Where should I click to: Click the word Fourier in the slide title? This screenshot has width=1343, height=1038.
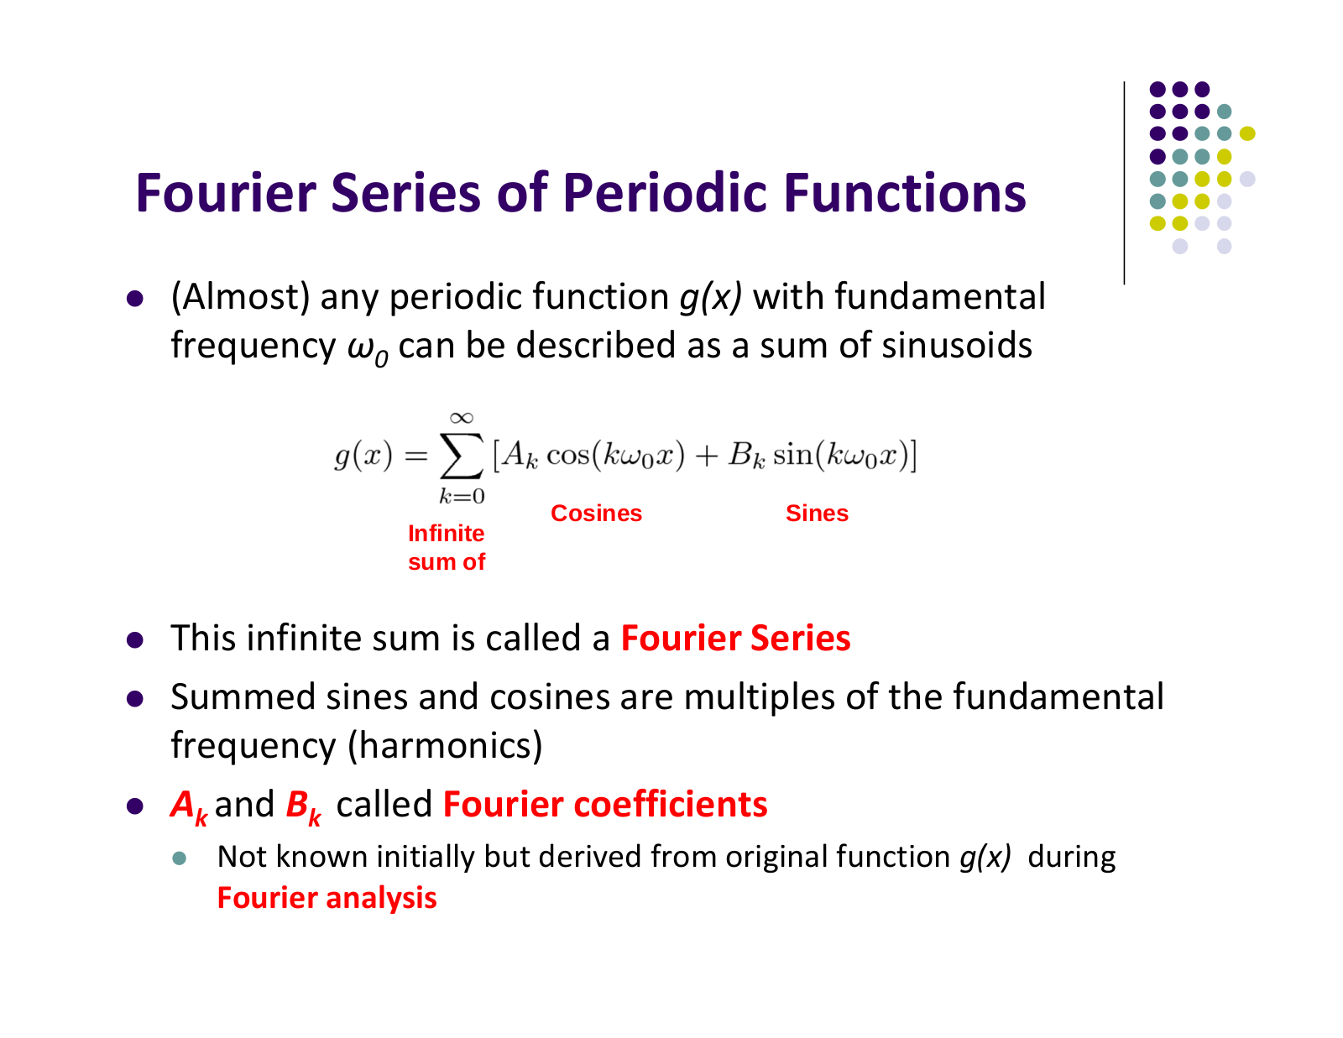coord(226,193)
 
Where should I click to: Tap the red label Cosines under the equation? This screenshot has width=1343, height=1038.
coord(596,513)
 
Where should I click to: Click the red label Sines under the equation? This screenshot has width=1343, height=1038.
coord(817,513)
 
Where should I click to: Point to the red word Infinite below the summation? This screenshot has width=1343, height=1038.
coord(446,533)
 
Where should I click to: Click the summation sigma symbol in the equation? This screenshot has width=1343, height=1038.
coord(461,456)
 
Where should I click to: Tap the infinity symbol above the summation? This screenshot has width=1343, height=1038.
coord(461,418)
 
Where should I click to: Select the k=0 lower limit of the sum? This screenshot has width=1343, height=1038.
coord(461,496)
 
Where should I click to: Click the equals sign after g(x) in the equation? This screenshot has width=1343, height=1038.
coord(415,456)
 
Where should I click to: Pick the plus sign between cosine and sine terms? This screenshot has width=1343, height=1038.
coord(707,456)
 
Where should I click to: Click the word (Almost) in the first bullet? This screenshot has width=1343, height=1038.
coord(240,297)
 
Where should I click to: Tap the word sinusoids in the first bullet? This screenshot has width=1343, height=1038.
coord(957,345)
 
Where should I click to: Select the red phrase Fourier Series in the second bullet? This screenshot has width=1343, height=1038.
coord(735,638)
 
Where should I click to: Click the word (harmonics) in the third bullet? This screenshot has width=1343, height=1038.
coord(445,746)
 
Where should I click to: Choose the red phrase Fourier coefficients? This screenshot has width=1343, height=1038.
coord(605,805)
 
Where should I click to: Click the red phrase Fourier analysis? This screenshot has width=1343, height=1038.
coord(327,898)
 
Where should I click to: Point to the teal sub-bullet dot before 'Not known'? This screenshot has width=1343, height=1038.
coord(180,858)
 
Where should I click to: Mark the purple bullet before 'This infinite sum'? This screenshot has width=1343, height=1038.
coord(135,639)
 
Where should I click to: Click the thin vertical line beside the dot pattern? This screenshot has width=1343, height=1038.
coord(1124,183)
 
